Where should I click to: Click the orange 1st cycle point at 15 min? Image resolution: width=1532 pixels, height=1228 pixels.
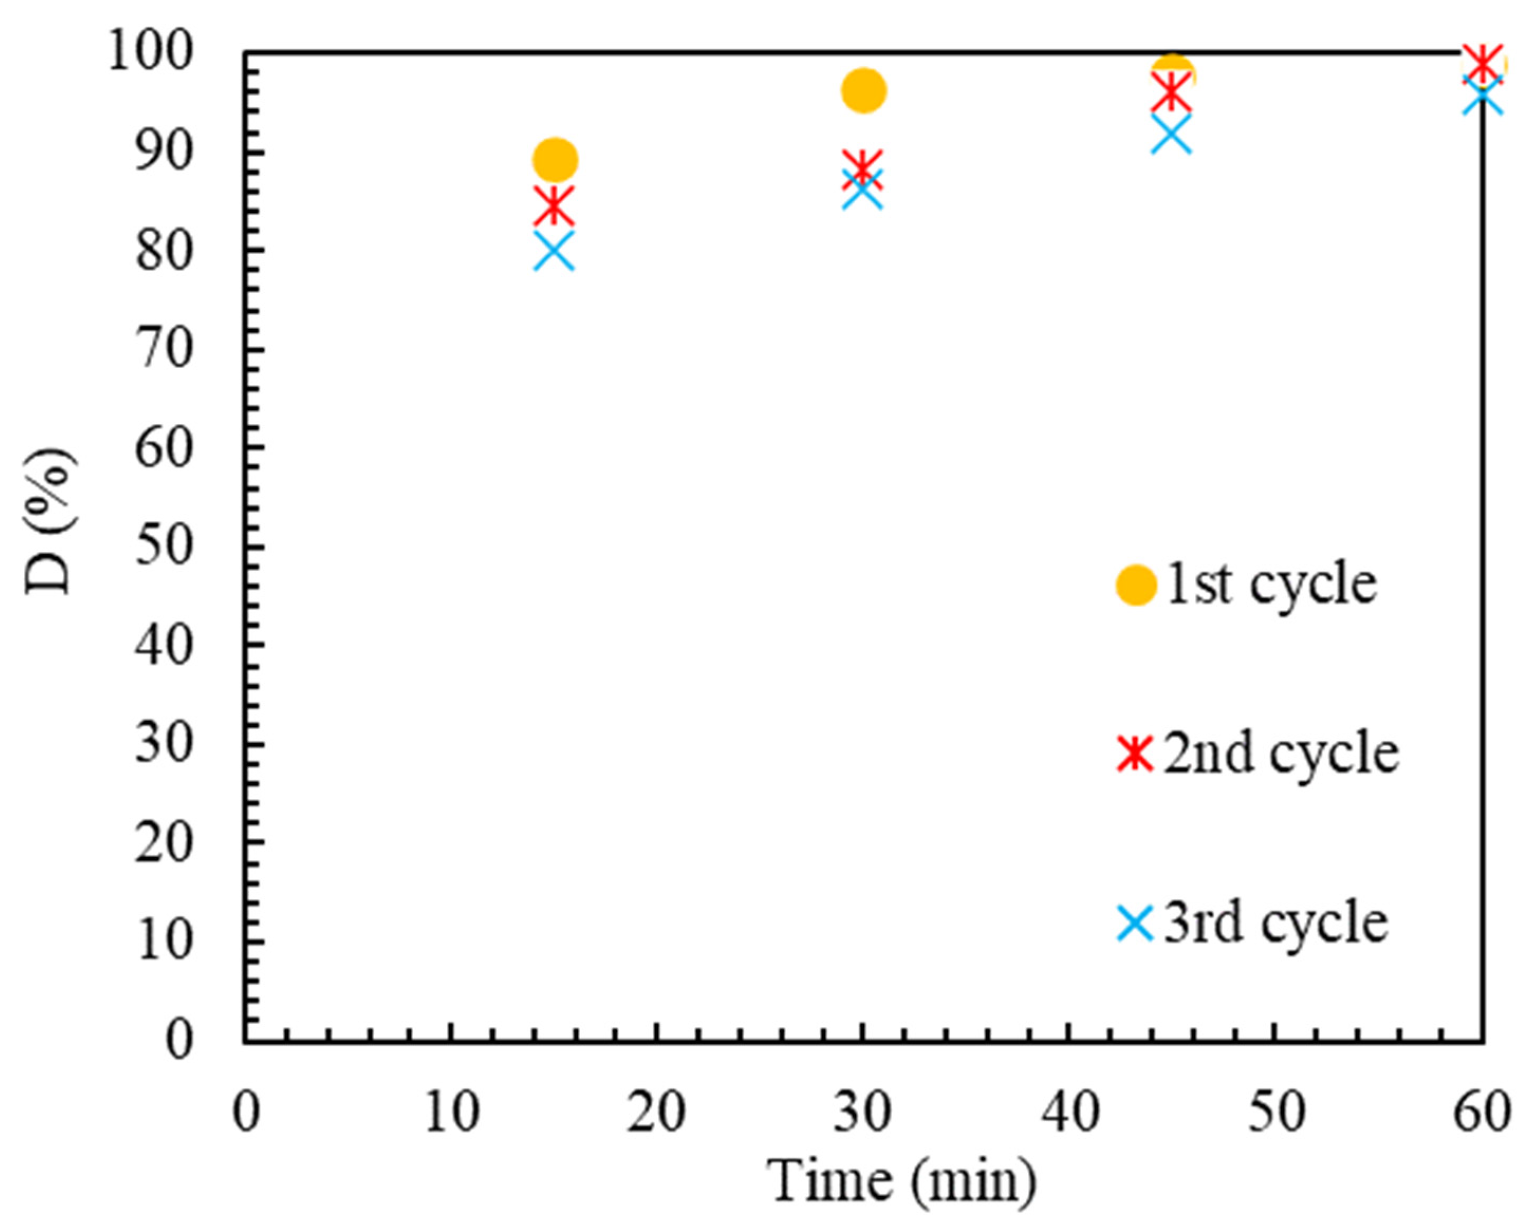point(555,160)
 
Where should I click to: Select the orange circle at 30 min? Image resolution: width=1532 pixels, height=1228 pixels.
point(863,91)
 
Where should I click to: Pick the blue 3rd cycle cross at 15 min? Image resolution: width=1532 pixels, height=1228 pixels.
point(554,251)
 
